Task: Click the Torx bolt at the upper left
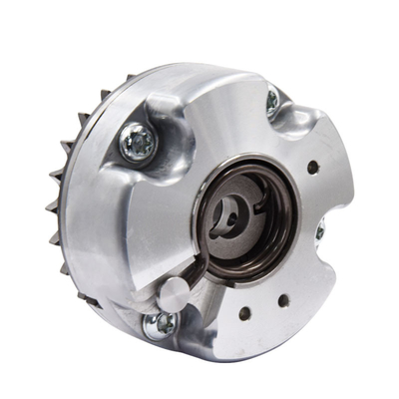(x=137, y=144)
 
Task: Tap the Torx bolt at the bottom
(x=159, y=323)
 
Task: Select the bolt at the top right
(x=272, y=100)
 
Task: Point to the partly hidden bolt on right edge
(x=319, y=231)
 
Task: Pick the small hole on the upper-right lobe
(x=313, y=168)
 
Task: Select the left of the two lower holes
(x=244, y=313)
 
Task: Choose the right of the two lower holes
(x=284, y=298)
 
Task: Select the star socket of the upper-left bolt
(x=137, y=144)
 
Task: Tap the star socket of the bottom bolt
(x=159, y=323)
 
